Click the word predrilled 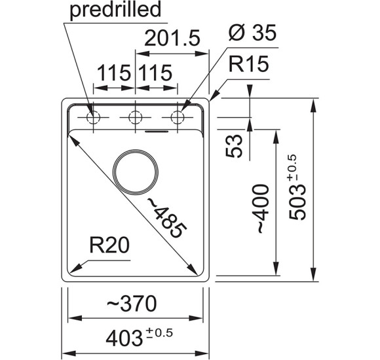click(x=115, y=10)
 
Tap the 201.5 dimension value click(x=172, y=38)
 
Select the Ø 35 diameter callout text click(x=252, y=33)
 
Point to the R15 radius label click(x=249, y=64)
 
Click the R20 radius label click(x=109, y=245)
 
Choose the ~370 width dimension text click(x=132, y=303)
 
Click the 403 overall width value click(x=124, y=338)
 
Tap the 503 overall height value click(x=297, y=202)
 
